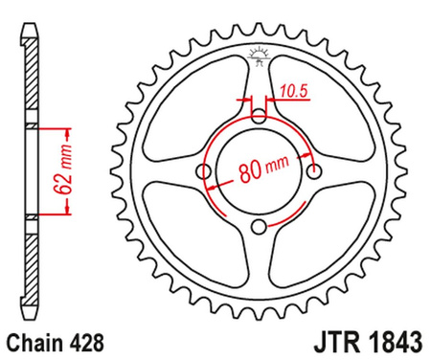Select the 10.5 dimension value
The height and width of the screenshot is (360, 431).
(x=292, y=92)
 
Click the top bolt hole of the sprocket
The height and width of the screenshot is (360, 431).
(x=261, y=116)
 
